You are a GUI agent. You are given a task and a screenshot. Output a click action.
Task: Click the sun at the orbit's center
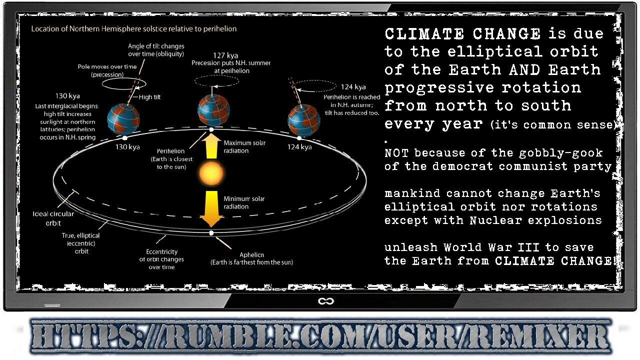click(x=211, y=173)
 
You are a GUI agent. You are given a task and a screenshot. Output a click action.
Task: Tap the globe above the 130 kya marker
click(x=123, y=119)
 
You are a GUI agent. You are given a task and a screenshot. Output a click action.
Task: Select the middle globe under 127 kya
click(x=213, y=108)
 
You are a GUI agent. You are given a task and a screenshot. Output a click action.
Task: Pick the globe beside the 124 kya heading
click(x=303, y=120)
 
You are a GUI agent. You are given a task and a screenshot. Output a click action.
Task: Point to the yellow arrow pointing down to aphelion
click(x=211, y=207)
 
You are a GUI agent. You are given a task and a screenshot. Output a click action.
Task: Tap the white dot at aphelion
click(x=211, y=233)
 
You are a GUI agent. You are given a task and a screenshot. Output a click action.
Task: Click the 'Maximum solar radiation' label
click(x=244, y=146)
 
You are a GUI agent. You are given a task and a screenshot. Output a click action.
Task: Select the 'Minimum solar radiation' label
click(x=244, y=202)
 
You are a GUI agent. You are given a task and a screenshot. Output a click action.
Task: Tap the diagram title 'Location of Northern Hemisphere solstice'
click(x=134, y=29)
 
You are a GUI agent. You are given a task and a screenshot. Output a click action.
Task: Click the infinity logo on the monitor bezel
click(x=325, y=301)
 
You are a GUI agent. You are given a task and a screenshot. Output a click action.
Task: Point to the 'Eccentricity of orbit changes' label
click(x=161, y=259)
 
